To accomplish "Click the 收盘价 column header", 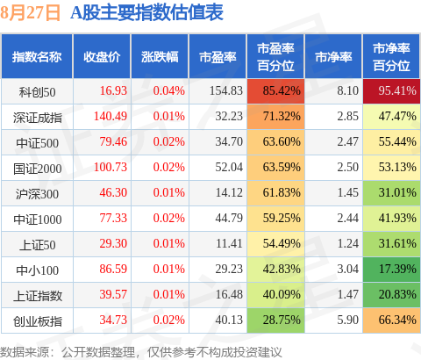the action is point(102,57).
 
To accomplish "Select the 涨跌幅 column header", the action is point(160,57).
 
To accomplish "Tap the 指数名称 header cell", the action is point(37,57).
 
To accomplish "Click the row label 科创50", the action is point(37,92).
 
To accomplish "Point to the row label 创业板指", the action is point(38,321).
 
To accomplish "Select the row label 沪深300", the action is point(37,194).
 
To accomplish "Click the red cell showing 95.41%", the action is point(391,91).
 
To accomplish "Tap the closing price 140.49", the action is point(111,116).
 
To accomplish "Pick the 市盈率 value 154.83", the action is point(226,90).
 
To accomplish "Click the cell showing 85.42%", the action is point(275,91).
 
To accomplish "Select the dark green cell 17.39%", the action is point(391,270).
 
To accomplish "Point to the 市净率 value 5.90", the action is point(347,320).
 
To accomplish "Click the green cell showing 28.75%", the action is point(275,320).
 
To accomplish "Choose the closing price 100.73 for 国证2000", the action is point(111,167).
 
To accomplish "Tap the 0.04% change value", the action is point(169,90).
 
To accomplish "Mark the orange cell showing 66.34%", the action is point(391,320).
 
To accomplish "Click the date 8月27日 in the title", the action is point(30,13).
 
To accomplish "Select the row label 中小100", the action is point(37,270).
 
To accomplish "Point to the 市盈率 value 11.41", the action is point(229,243).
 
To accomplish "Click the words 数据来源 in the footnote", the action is point(25,352).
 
